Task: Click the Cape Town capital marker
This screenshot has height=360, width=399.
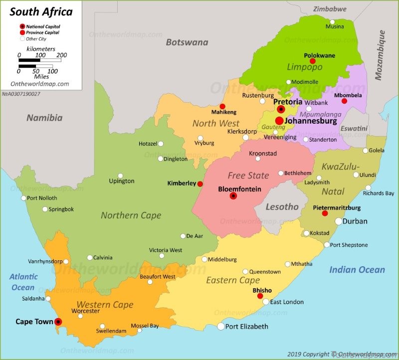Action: [58, 322]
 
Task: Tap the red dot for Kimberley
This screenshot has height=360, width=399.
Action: [200, 184]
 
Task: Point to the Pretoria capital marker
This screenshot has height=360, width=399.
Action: [281, 109]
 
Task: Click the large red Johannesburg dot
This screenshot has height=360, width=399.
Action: [279, 121]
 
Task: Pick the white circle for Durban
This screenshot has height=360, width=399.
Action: [339, 221]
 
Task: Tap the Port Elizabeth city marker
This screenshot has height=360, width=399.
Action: [221, 326]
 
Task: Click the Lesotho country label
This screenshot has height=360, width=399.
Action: [282, 206]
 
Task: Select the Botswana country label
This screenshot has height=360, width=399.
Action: [187, 42]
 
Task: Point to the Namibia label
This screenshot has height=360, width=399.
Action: [44, 118]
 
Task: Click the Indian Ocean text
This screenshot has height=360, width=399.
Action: [357, 270]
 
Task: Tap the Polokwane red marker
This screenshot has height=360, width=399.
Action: [313, 61]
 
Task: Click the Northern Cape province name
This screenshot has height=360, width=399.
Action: [131, 215]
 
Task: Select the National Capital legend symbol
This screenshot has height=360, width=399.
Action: [22, 26]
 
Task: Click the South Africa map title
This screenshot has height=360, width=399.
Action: [41, 11]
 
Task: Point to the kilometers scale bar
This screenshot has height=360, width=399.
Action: [40, 60]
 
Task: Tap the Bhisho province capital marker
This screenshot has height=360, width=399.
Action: [260, 296]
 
